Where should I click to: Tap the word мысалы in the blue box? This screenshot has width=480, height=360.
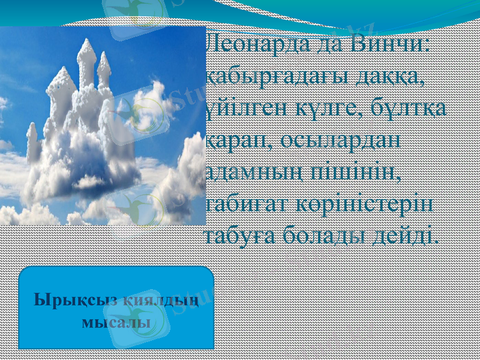coord(115,322)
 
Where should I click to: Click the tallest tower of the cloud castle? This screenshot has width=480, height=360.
coord(88,60)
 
